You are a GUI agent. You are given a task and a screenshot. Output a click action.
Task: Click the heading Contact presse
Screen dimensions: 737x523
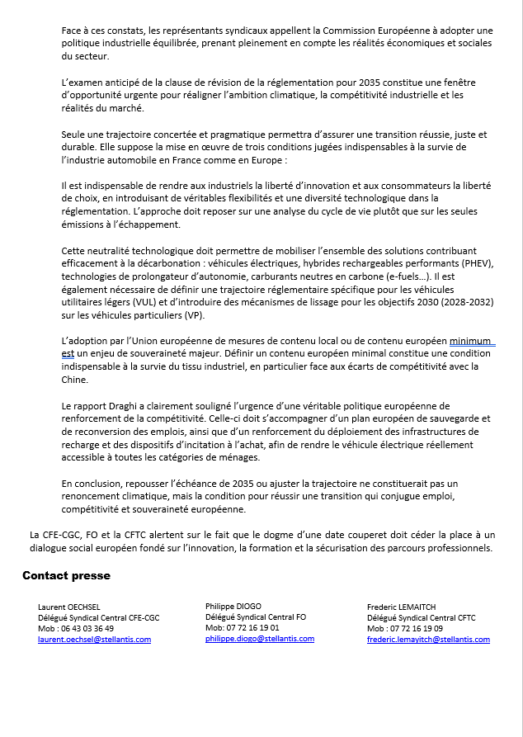(66, 575)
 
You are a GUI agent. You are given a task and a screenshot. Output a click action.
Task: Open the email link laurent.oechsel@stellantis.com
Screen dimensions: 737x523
(94, 640)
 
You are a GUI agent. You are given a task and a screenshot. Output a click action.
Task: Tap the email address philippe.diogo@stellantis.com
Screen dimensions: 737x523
(260, 639)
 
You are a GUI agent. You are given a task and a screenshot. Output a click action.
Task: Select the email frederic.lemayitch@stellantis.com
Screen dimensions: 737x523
(428, 640)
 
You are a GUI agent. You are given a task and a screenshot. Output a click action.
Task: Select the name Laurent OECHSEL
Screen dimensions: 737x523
(69, 607)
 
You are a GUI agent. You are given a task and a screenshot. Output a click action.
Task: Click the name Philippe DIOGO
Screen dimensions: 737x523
(233, 606)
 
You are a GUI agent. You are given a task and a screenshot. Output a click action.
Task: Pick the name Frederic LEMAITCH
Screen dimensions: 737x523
(402, 607)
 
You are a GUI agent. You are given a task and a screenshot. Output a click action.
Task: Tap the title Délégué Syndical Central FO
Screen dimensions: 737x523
(256, 617)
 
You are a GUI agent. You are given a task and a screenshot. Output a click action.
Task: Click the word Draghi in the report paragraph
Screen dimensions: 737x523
(118, 406)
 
